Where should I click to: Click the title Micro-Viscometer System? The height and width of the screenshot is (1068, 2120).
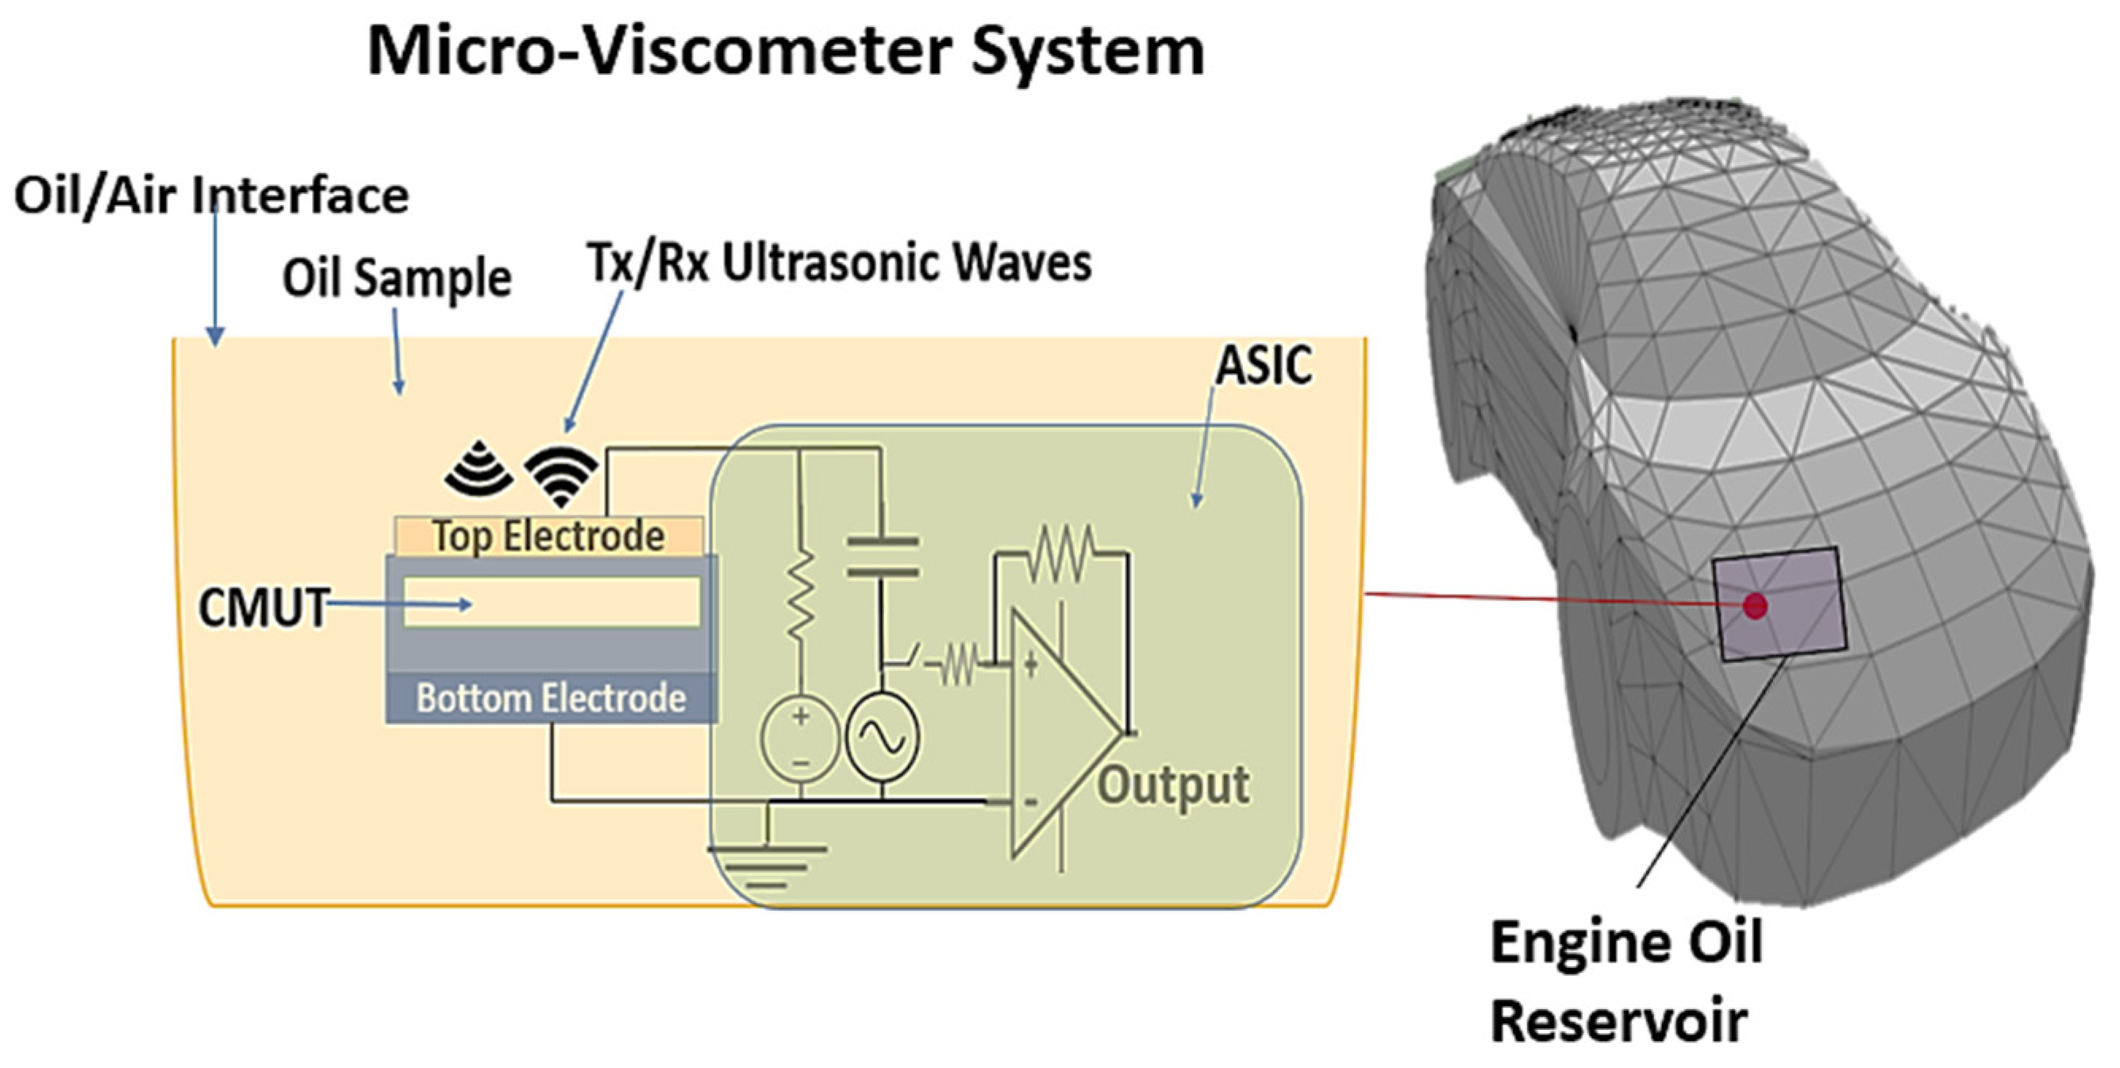coord(786,51)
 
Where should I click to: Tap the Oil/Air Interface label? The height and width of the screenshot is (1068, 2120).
coord(211,196)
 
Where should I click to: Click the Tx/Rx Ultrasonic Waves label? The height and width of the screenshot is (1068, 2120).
coord(839,263)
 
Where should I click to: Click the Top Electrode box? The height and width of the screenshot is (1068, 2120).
coord(549,536)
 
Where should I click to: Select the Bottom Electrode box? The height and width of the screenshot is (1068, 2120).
coord(551,698)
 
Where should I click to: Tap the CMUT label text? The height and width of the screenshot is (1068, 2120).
coord(264,607)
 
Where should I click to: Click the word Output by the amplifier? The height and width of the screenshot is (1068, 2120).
coord(1173,784)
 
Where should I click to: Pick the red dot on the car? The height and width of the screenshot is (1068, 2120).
coord(1756,606)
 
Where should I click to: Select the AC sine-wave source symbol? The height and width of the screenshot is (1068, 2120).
coord(883,735)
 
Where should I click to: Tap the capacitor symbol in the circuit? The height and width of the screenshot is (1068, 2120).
coord(883,557)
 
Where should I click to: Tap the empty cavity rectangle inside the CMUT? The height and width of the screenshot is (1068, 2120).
coord(551,602)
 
